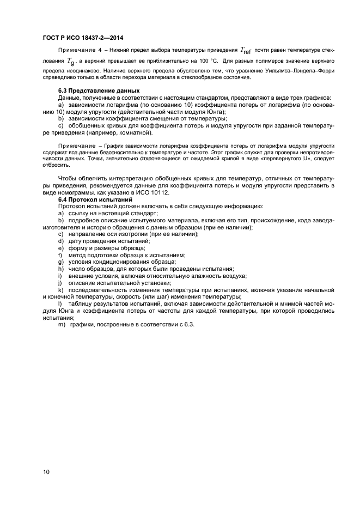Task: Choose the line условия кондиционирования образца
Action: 117,262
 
